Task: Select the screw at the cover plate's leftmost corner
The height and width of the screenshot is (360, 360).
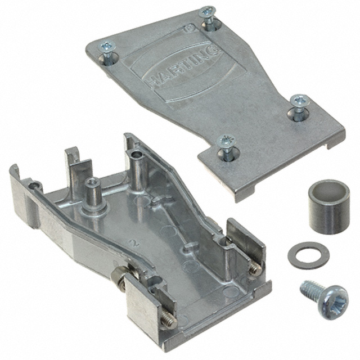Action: [107, 56]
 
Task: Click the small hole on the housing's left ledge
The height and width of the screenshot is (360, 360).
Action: [35, 183]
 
